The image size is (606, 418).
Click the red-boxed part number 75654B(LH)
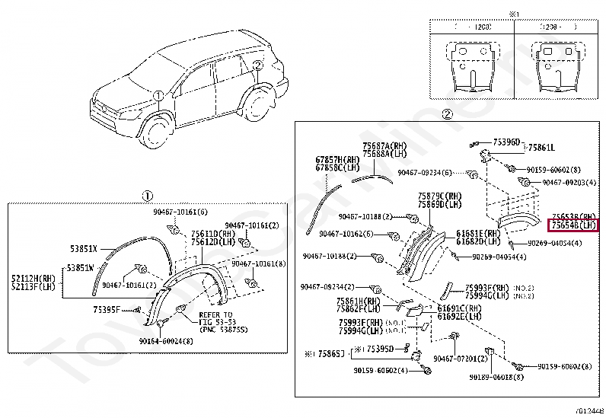point(574,225)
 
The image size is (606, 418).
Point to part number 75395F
point(107,310)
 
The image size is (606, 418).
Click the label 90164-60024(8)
point(166,341)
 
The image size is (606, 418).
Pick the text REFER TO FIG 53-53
point(215,319)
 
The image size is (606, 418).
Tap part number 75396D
point(506,142)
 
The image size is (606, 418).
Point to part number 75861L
point(542,148)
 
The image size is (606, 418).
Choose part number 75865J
point(330,354)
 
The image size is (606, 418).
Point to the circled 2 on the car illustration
point(257,65)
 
